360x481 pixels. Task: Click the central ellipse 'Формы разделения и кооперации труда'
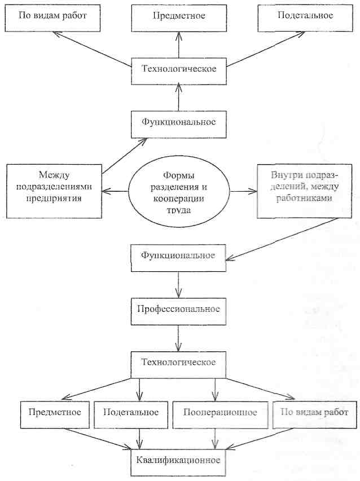point(178,191)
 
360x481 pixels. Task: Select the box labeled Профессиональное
point(178,310)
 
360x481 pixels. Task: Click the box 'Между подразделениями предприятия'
point(54,183)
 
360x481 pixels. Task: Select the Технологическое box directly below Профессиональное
point(178,361)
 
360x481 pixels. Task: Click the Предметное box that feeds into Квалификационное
point(54,412)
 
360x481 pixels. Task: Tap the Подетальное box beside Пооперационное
point(131,412)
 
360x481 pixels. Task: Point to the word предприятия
point(54,198)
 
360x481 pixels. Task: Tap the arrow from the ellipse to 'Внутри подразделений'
point(243,191)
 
